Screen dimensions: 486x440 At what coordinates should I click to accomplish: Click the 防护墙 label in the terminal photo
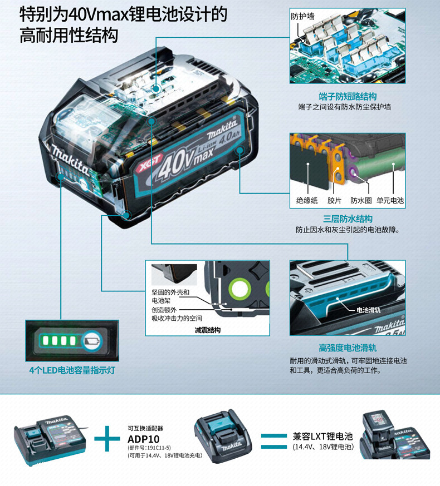pos(303,16)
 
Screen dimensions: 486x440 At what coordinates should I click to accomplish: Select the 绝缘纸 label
pos(307,200)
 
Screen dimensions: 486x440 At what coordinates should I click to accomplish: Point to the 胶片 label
pos(334,200)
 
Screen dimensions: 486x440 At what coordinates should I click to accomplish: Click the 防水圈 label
pos(361,200)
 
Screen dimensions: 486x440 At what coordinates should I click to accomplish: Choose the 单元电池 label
pos(390,200)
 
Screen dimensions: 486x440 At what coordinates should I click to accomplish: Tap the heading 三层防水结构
pos(348,219)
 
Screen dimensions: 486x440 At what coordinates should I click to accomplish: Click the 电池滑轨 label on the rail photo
pos(368,309)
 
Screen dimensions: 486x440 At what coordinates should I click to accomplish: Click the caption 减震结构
pos(207,330)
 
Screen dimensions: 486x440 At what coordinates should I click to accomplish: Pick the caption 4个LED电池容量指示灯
pos(72,370)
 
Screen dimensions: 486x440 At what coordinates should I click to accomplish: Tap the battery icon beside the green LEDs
pos(92,339)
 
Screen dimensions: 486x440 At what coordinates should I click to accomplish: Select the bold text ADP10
pos(143,439)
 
